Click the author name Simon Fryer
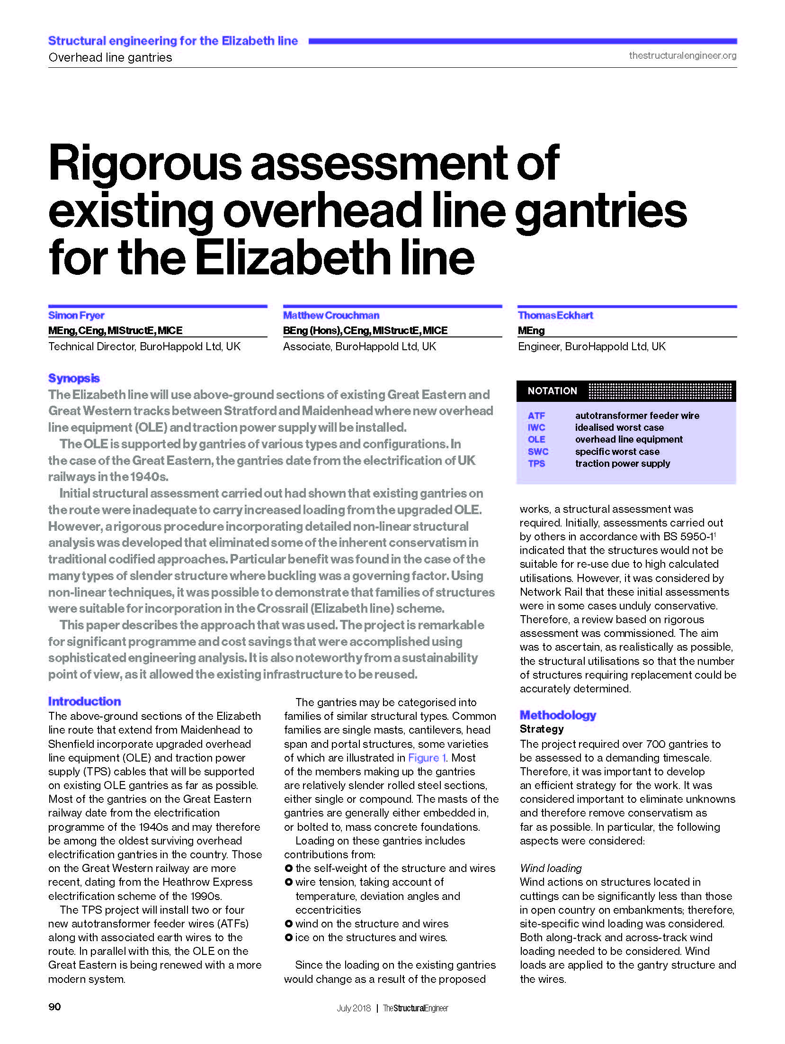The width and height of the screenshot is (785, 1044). [76, 315]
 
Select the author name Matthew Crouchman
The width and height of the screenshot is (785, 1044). [331, 315]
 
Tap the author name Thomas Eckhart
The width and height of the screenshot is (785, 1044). [555, 315]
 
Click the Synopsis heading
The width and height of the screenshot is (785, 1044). [74, 378]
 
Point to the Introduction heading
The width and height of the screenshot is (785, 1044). [84, 701]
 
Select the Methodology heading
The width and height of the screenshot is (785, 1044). [558, 715]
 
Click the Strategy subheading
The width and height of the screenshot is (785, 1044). [542, 729]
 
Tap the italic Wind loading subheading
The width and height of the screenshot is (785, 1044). [551, 868]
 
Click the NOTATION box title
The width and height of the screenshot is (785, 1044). [552, 391]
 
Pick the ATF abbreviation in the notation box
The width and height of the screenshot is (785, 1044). [536, 416]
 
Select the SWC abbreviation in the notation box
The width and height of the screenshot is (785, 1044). [538, 452]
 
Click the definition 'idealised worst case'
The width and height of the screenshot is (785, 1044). [619, 427]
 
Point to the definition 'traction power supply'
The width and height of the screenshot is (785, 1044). [623, 463]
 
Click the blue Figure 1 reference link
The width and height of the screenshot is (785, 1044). [427, 758]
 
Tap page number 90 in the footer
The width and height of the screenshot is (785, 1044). [54, 1007]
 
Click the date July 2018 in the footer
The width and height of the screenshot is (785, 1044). [354, 1008]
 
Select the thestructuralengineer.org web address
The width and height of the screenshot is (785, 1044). [682, 55]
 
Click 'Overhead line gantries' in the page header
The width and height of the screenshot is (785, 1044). [110, 57]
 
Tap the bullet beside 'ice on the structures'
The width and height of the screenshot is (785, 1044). [288, 937]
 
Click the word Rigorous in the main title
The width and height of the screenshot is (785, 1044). [145, 163]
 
